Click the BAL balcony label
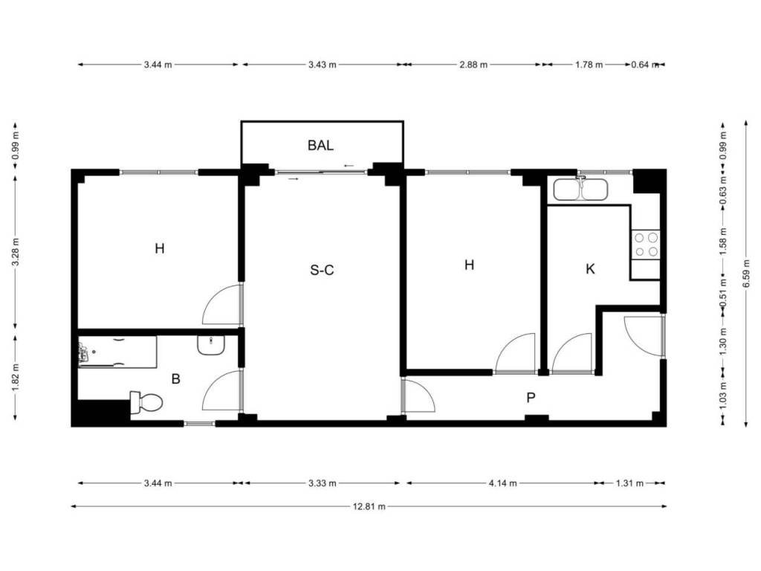(320, 145)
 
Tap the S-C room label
(322, 270)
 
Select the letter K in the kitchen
(590, 269)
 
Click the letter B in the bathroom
(175, 378)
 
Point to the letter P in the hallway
(531, 399)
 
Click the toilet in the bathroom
(146, 402)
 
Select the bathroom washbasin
(211, 345)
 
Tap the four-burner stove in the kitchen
(646, 245)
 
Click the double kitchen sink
(580, 190)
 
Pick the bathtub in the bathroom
(117, 352)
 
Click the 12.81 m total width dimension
(369, 506)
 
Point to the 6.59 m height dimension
(746, 274)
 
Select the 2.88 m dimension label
(473, 65)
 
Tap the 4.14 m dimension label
(503, 483)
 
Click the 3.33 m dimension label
(323, 483)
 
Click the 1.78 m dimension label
(589, 65)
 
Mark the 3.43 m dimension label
(323, 65)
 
